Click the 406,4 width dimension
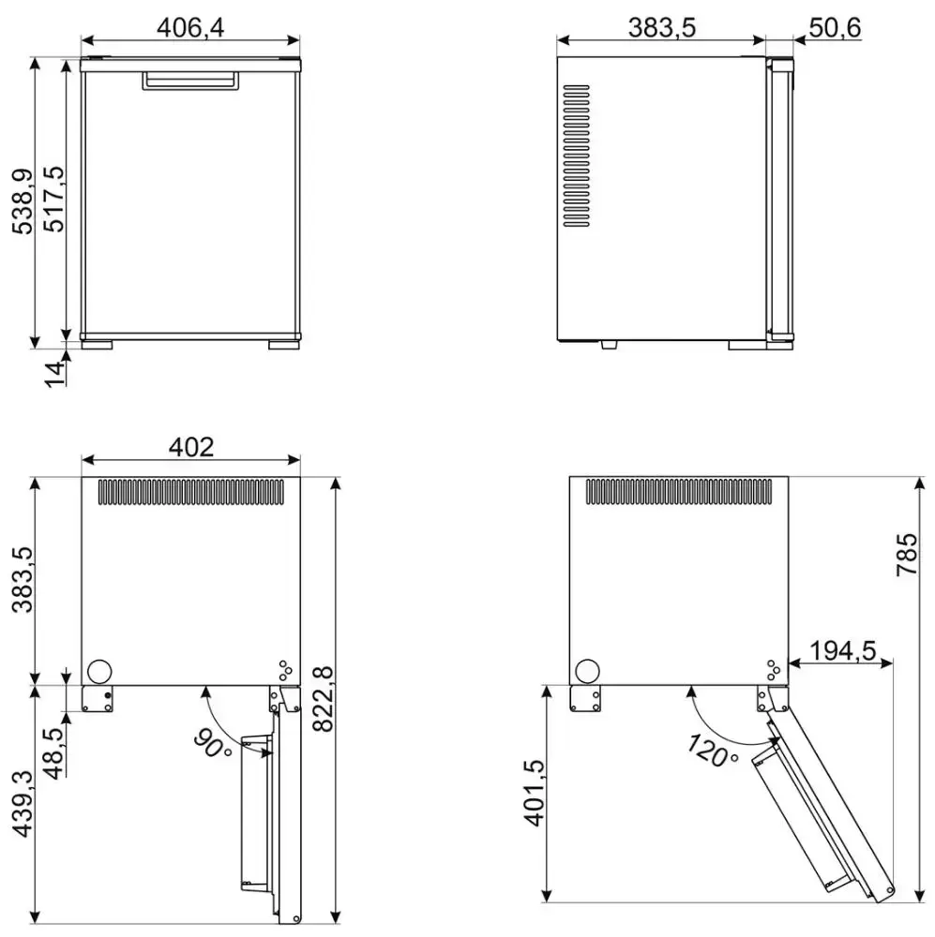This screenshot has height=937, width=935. coord(190,27)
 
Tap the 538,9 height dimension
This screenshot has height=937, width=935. coord(23,201)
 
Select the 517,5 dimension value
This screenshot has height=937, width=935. coord(54,199)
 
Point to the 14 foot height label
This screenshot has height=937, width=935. coord(55,375)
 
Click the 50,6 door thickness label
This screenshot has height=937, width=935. coord(835,27)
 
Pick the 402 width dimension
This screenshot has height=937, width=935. coord(190,447)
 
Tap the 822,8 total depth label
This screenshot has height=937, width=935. coord(323,698)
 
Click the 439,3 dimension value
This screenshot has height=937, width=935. coord(23,803)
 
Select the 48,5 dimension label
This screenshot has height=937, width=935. coord(54,753)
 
